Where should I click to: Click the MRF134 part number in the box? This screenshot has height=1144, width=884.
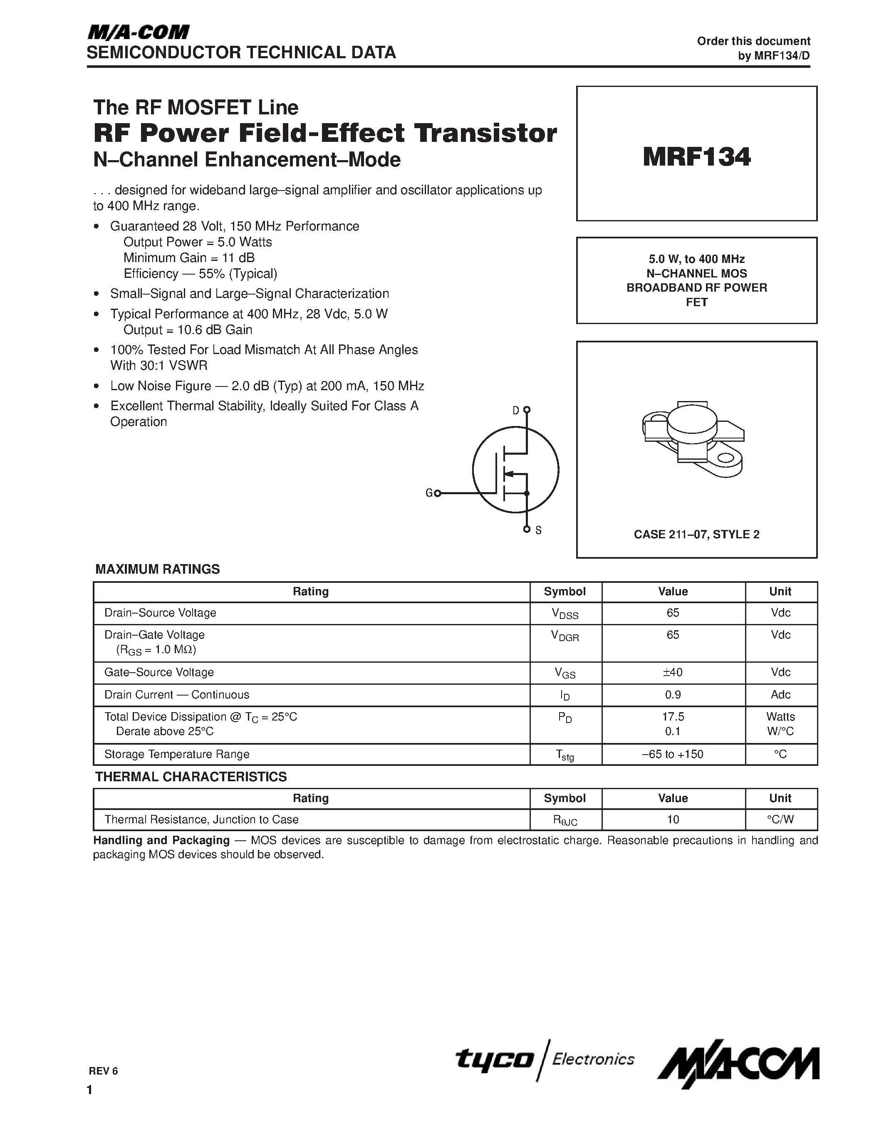(x=696, y=156)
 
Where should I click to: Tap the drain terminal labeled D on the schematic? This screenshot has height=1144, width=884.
(x=526, y=410)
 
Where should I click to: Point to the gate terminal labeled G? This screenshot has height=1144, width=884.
(x=437, y=493)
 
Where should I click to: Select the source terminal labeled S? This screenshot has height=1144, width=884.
(x=527, y=530)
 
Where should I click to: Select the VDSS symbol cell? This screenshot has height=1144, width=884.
(x=565, y=613)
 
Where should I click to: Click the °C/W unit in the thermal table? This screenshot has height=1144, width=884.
(x=780, y=819)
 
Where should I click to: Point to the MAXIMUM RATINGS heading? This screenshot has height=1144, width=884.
(x=157, y=570)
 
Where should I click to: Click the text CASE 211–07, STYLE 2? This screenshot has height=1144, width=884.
(x=696, y=534)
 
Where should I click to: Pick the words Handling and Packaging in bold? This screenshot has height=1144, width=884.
(x=161, y=840)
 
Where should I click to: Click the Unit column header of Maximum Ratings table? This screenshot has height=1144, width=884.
(x=780, y=592)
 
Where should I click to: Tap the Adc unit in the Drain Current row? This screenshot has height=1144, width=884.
(x=780, y=695)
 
